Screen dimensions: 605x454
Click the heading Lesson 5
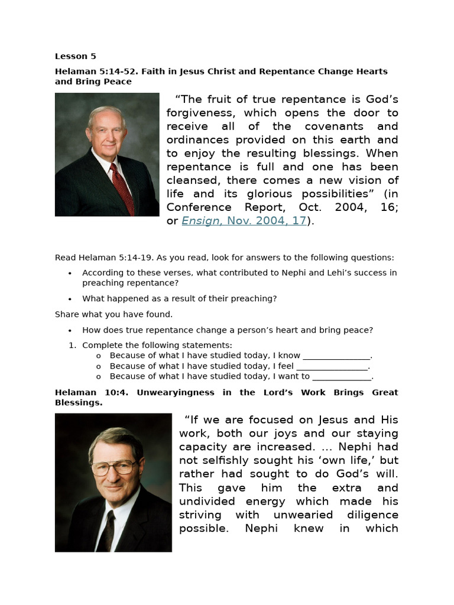[x=75, y=57]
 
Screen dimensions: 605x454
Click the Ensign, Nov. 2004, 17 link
[x=244, y=220]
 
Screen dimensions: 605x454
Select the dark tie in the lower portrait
[x=107, y=528]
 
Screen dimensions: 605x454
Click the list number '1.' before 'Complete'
[x=73, y=345]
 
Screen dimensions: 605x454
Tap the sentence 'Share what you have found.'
[x=113, y=314]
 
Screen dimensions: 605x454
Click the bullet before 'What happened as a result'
[x=70, y=299]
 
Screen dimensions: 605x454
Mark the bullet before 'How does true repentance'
[x=70, y=330]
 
